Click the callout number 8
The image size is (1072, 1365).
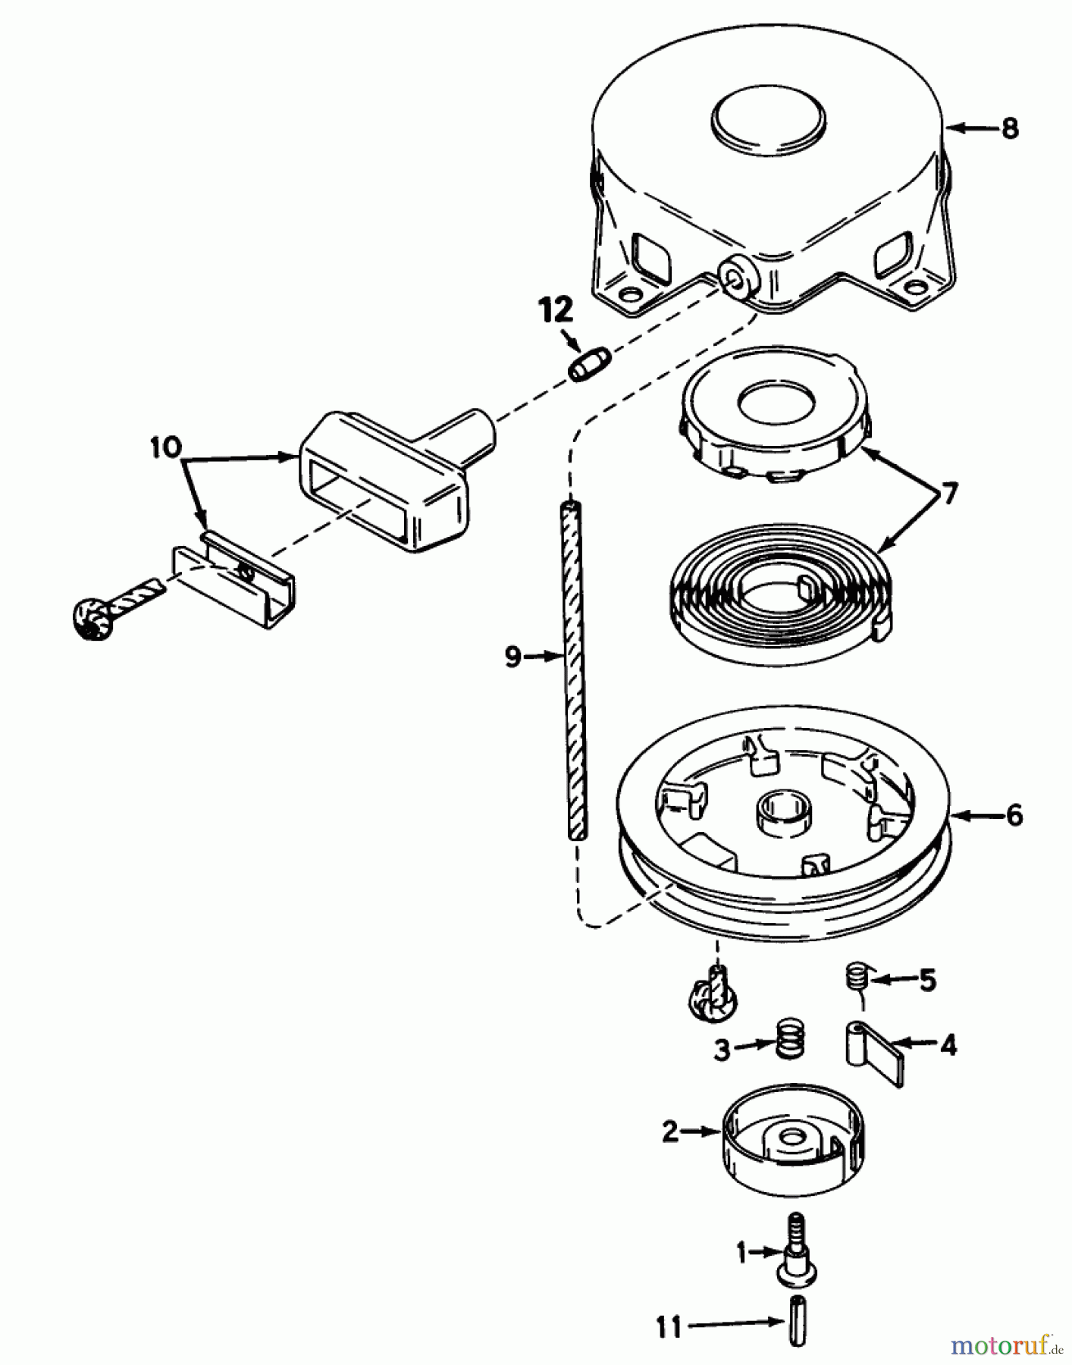pyautogui.click(x=1009, y=128)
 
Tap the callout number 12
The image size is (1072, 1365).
pyautogui.click(x=556, y=310)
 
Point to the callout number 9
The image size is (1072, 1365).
pyautogui.click(x=513, y=657)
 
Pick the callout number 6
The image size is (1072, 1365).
pyautogui.click(x=1014, y=816)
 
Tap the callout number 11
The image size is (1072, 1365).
pyautogui.click(x=669, y=1328)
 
